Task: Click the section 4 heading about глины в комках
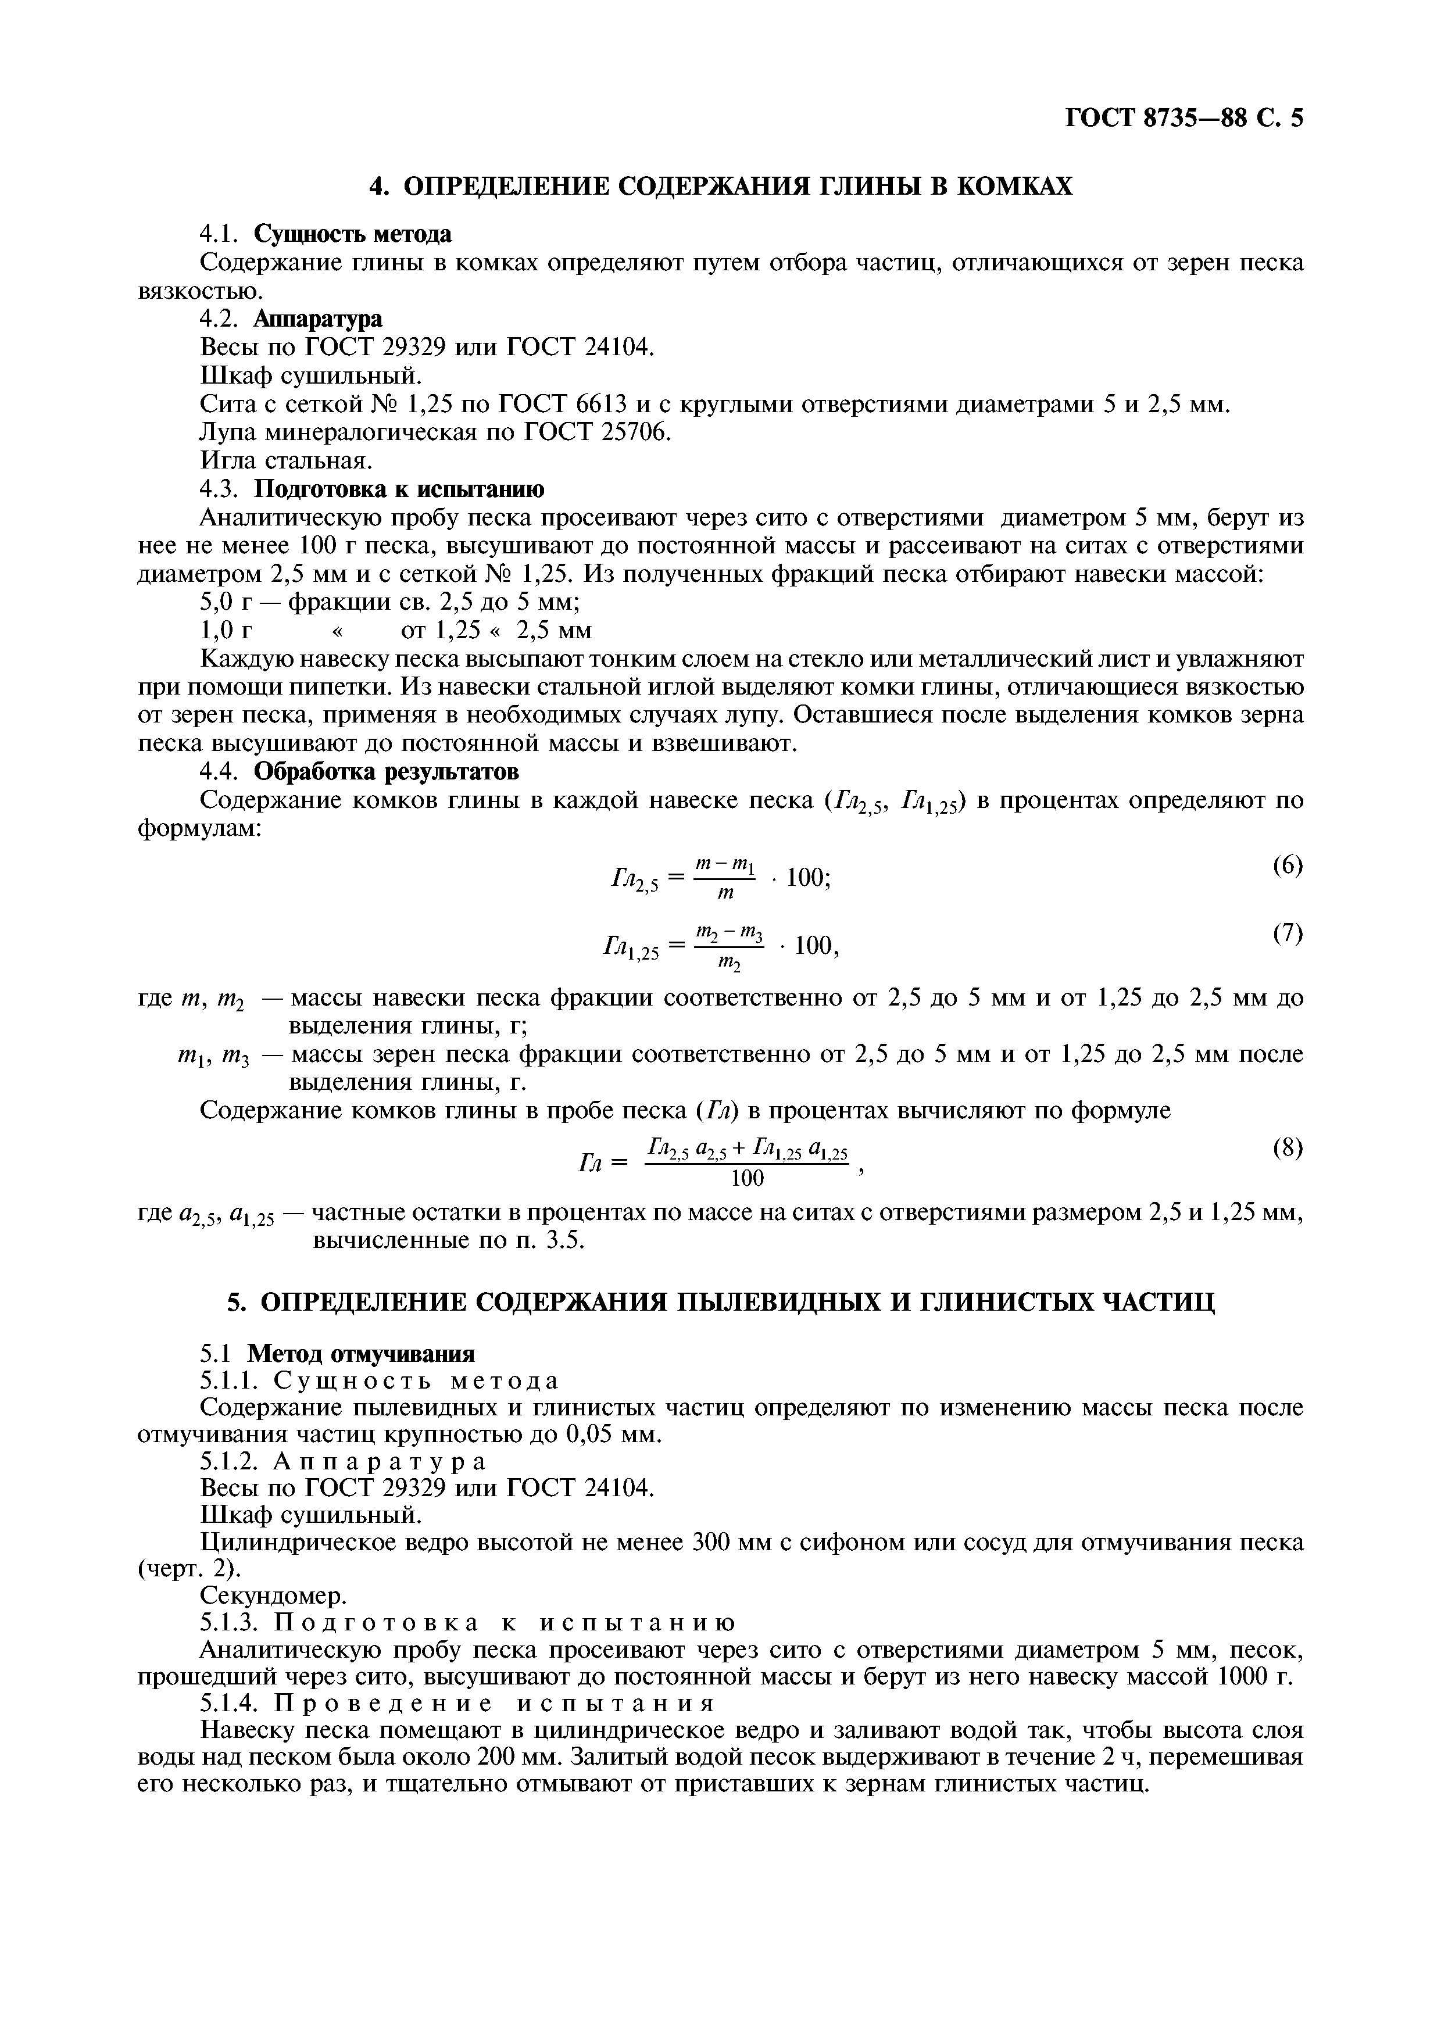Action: (720, 187)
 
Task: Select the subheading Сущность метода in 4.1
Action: (352, 234)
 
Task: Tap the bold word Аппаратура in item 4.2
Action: (318, 319)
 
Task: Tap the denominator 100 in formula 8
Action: (747, 1178)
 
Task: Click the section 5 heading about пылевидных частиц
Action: (720, 1302)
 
